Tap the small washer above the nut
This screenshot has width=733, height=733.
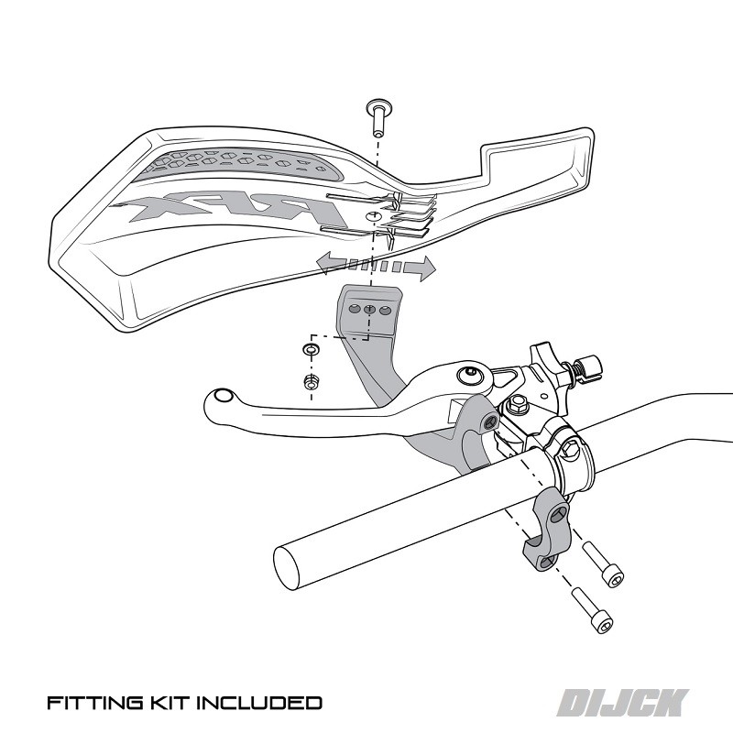click(x=311, y=350)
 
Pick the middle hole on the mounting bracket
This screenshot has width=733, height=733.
click(x=369, y=311)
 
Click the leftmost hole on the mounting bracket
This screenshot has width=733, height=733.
click(x=354, y=310)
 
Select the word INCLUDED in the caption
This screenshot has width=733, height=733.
click(x=257, y=704)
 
